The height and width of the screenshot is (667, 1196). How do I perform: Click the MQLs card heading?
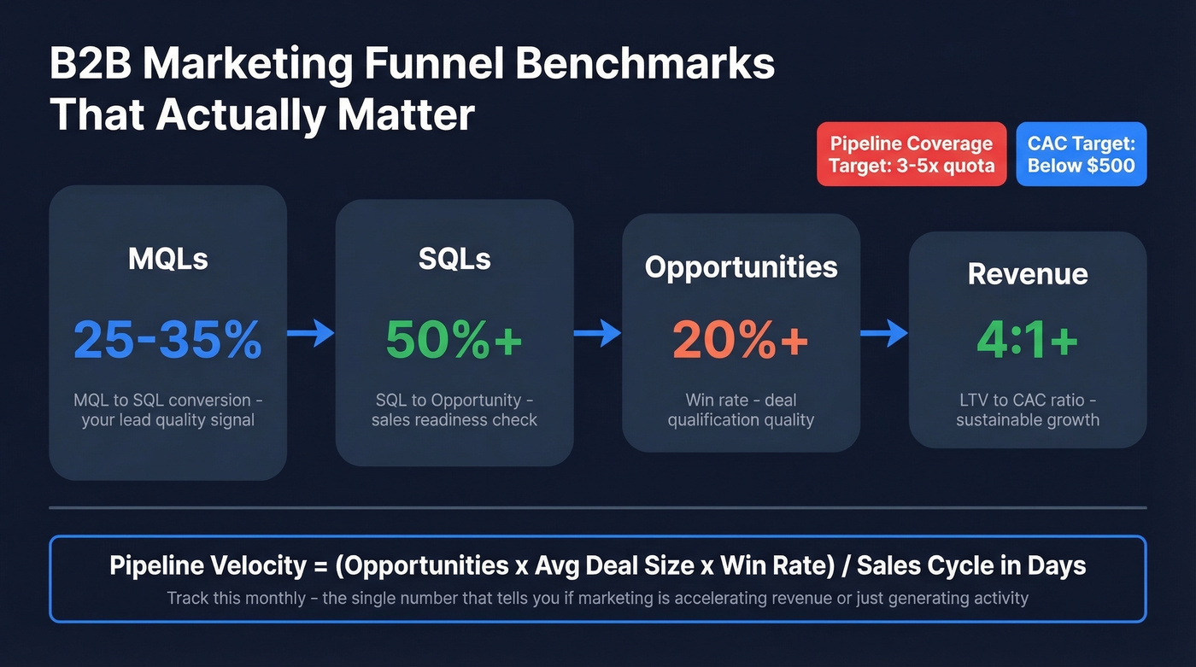[x=167, y=258]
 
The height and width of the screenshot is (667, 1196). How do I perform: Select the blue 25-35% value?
[x=167, y=339]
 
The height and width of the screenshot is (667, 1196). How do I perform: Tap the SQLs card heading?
[x=454, y=258]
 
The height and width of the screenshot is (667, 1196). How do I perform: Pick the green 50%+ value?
[x=454, y=339]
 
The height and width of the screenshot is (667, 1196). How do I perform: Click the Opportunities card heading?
[x=741, y=267]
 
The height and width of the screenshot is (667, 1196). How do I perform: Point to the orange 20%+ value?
[x=740, y=339]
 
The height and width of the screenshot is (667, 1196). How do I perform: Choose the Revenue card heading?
[x=1028, y=273]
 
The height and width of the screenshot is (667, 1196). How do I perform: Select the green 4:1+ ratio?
[x=1027, y=339]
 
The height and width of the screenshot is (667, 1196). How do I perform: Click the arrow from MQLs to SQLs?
[x=311, y=333]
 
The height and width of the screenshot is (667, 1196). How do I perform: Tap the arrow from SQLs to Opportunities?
[x=598, y=333]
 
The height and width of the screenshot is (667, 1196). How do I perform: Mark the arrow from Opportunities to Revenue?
[x=884, y=333]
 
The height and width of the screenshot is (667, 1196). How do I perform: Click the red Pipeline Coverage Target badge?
[x=912, y=155]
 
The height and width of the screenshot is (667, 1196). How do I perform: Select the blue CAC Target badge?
[x=1081, y=155]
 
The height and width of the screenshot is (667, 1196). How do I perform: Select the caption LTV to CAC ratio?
[x=1028, y=400]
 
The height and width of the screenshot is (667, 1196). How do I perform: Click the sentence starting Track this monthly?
[x=597, y=597]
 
